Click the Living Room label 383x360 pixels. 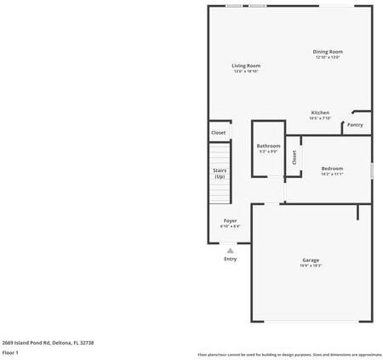tap(247, 66)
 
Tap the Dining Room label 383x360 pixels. tap(328, 52)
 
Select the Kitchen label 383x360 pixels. tap(320, 112)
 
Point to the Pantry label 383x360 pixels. tap(355, 125)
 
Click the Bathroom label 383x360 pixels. tap(268, 146)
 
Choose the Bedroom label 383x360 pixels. tap(332, 169)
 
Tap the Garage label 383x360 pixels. tap(311, 260)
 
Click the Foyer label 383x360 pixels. tap(231, 220)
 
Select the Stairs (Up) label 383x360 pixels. tap(220, 173)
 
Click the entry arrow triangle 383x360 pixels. tap(231, 250)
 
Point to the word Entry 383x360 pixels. tap(231, 259)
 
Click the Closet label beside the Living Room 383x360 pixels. tap(219, 133)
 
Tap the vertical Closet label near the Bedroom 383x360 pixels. tap(294, 157)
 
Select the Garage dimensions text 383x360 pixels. tap(311, 266)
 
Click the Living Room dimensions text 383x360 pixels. tap(247, 71)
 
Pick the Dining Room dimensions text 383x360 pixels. tap(328, 58)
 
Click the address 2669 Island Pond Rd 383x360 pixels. tap(48, 342)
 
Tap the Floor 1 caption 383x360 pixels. tap(11, 351)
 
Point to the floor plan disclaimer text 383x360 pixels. tap(289, 354)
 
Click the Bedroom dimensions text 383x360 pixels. tap(332, 174)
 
